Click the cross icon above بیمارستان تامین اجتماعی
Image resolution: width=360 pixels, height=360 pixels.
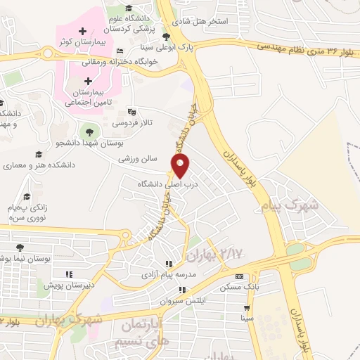click(x=87, y=81)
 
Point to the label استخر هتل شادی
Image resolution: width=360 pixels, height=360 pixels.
click(x=205, y=22)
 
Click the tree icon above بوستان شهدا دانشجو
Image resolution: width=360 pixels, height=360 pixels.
click(x=89, y=130)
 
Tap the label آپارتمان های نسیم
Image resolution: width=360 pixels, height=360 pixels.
click(x=139, y=335)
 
